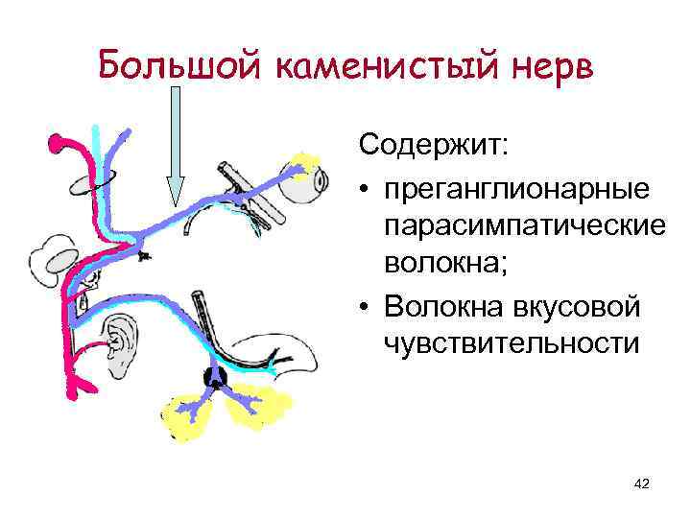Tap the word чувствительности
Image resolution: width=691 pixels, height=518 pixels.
(x=510, y=342)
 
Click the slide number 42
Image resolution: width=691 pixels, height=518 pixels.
(x=642, y=485)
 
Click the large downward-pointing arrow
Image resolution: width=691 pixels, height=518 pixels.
(x=175, y=144)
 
